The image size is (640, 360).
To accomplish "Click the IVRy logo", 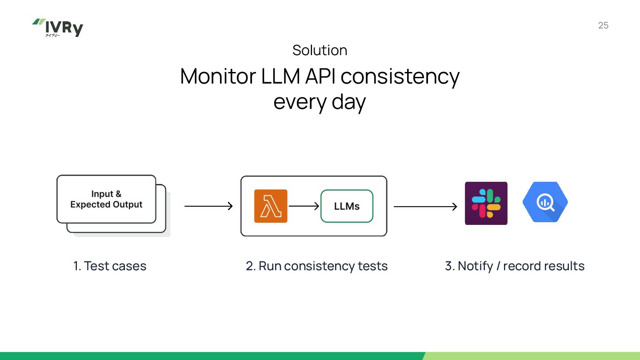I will click(58, 28).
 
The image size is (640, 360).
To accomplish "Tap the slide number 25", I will click(603, 25).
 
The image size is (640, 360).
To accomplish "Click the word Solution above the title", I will click(320, 50).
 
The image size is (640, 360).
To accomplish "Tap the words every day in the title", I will click(320, 102).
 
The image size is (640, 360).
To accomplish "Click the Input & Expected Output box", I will click(106, 199).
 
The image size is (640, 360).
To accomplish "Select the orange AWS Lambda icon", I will click(271, 206).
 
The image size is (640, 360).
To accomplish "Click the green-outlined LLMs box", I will click(347, 206).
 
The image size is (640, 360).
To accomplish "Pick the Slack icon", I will click(486, 203).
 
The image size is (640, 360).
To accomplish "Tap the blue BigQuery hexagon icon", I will click(545, 202).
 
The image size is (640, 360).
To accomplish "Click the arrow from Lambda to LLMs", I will click(304, 206).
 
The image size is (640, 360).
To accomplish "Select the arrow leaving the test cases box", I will click(208, 206).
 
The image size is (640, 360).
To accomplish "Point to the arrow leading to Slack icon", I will click(425, 207).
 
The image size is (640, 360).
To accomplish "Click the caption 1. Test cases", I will click(110, 266).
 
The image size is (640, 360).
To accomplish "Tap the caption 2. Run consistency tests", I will click(316, 266).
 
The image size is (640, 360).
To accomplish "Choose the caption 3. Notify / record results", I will click(515, 266).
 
